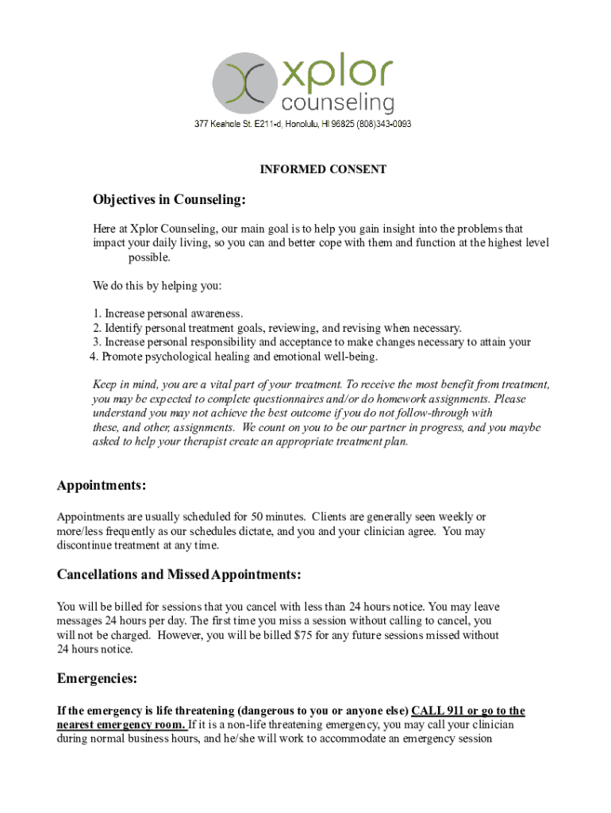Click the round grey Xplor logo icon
tap(245, 83)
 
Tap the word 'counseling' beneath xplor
tap(337, 103)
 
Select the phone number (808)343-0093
tap(384, 125)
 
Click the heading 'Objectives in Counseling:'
tap(169, 198)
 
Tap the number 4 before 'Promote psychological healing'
tap(94, 356)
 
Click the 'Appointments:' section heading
tap(101, 485)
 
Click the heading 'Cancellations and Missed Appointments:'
tap(179, 574)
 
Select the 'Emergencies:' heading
tap(97, 678)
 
